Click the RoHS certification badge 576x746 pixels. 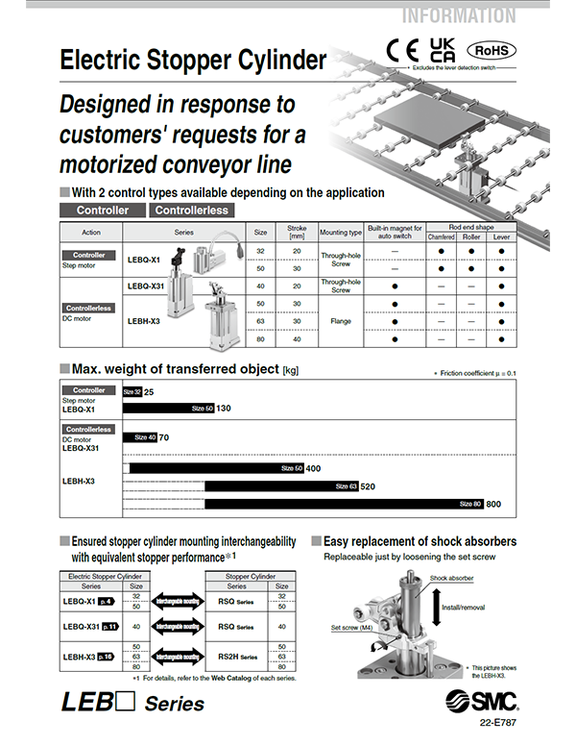click(x=492, y=49)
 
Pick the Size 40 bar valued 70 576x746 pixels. click(x=140, y=437)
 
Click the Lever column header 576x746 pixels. click(x=502, y=236)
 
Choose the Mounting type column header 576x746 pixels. click(x=342, y=232)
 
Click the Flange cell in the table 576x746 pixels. click(x=342, y=321)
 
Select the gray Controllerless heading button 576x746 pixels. click(x=191, y=210)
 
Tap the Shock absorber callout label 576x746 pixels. click(x=452, y=578)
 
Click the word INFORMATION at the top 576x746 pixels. click(x=458, y=16)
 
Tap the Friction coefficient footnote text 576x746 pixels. click(x=474, y=373)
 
